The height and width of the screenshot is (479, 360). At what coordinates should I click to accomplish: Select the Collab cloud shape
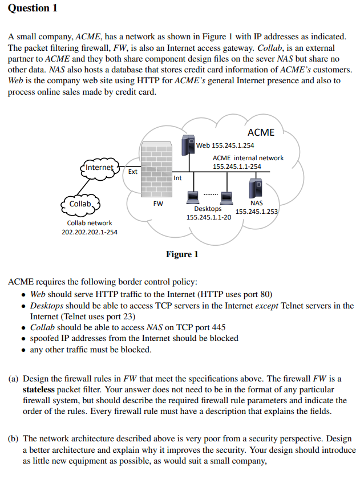pyautogui.click(x=80, y=204)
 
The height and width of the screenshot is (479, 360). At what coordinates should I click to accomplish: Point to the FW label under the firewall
pyautogui.click(x=158, y=203)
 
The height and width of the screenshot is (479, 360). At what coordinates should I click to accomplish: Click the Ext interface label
pyautogui.click(x=132, y=171)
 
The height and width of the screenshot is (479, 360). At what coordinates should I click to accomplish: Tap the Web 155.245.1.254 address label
pyautogui.click(x=225, y=145)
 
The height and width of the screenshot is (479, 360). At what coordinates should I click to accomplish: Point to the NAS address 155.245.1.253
pyautogui.click(x=257, y=212)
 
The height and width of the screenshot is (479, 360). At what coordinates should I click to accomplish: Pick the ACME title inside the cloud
pyautogui.click(x=261, y=132)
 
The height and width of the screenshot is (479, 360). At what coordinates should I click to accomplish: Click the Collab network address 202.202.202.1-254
pyautogui.click(x=90, y=232)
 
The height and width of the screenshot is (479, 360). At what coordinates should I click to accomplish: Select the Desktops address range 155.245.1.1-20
pyautogui.click(x=209, y=217)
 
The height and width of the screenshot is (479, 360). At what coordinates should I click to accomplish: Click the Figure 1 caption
pyautogui.click(x=182, y=254)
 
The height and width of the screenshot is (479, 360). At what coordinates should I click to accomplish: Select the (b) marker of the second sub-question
pyautogui.click(x=14, y=439)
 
